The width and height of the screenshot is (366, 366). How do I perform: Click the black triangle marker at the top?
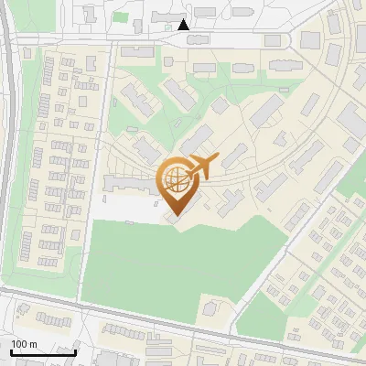pos(184,25)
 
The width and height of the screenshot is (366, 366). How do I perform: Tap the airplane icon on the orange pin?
pos(200,167)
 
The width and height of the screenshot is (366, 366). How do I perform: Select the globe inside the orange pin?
pos(175,178)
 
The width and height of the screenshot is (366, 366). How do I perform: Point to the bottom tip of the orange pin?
pos(174,216)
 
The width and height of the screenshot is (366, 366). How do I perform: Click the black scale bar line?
pos(42,352)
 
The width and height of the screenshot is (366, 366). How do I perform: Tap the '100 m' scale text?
pos(24,344)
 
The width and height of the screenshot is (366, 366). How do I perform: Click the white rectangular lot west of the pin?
pos(124,209)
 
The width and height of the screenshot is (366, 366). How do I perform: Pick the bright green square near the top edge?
pos(120,16)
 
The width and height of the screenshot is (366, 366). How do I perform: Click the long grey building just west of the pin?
pos(128,185)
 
